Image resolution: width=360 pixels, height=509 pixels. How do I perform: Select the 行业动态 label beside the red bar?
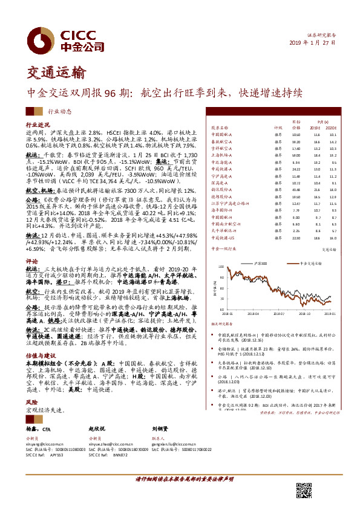59,111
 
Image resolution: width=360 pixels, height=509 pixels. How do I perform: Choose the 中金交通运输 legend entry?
300,263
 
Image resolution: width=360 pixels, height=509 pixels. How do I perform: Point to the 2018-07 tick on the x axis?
277,314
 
